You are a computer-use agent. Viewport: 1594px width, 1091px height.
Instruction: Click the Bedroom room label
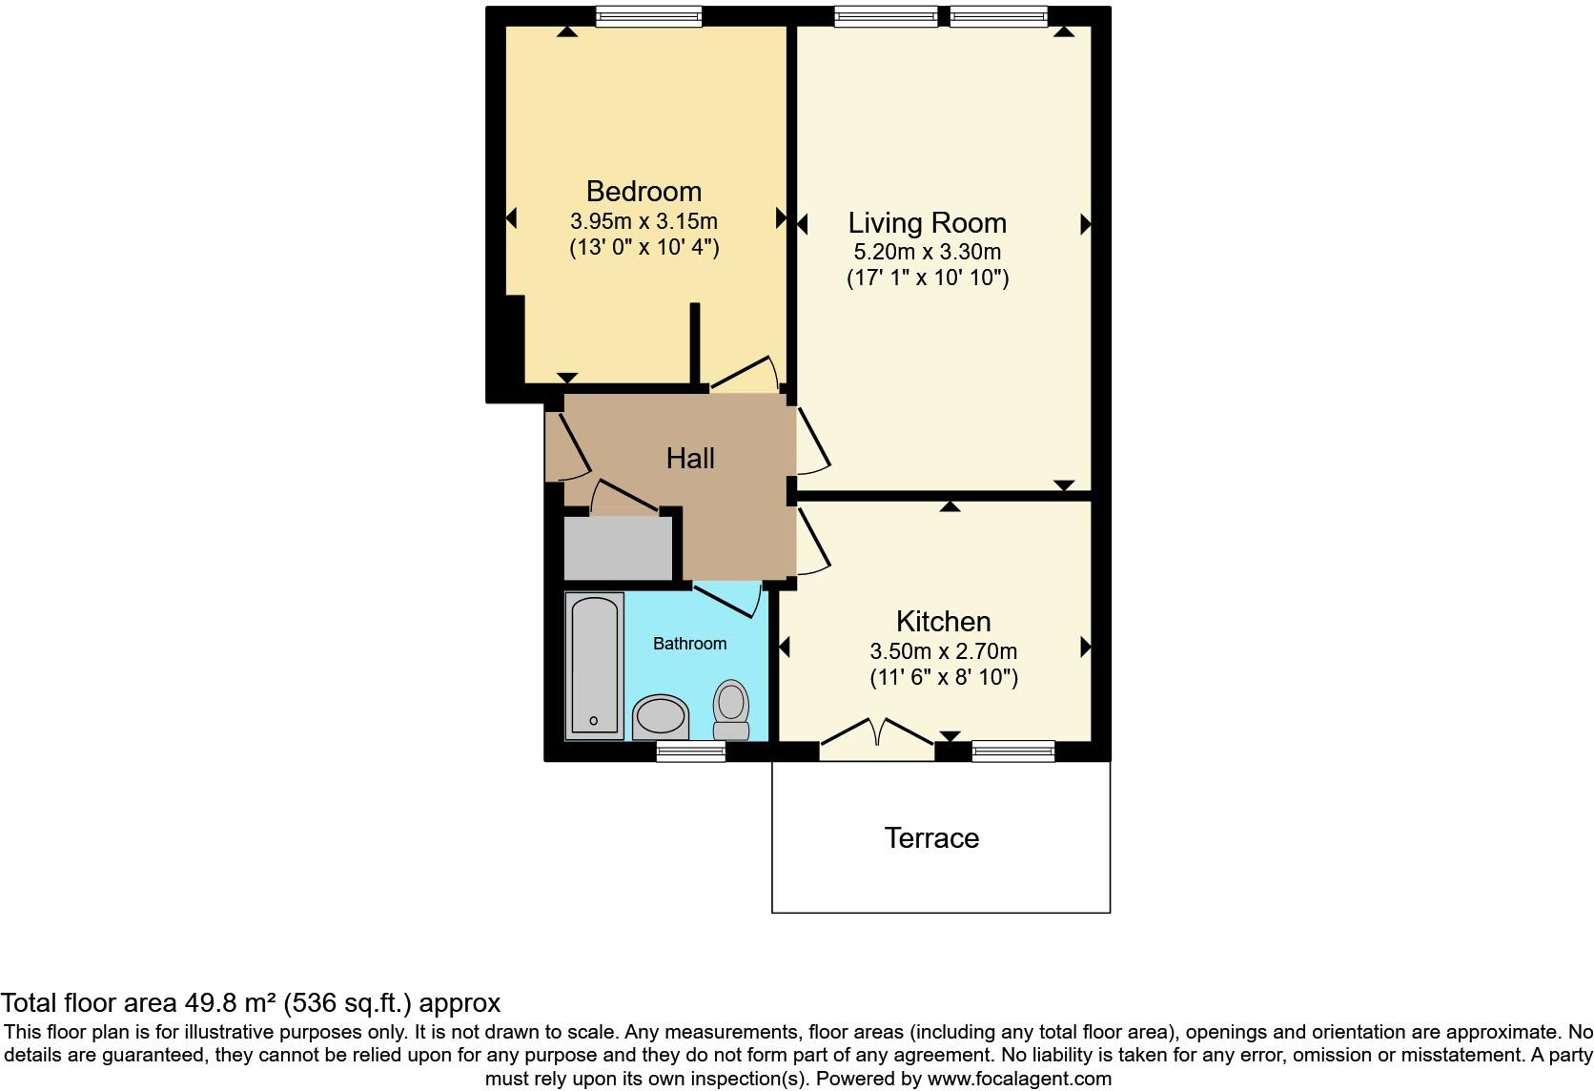point(644,192)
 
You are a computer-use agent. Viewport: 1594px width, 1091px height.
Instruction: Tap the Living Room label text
point(927,223)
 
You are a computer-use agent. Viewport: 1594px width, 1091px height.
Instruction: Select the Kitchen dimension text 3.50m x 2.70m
point(943,652)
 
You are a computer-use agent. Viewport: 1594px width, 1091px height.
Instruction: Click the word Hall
point(690,459)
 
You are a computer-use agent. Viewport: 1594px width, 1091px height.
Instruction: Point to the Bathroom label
point(689,644)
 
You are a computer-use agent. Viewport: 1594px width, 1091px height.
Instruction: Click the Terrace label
point(931,838)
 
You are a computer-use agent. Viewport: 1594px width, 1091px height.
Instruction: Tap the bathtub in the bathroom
point(594,666)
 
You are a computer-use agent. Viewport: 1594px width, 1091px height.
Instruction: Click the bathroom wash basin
point(661,717)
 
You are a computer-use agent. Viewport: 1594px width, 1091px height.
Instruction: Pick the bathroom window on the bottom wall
point(690,751)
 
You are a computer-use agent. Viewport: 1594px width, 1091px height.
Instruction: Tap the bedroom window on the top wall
point(648,16)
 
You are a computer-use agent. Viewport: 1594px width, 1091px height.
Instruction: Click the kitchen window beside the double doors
point(1012,751)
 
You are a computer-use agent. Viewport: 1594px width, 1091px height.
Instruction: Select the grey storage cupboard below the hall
point(619,547)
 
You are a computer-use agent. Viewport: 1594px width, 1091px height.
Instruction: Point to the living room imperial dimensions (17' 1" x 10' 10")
point(927,278)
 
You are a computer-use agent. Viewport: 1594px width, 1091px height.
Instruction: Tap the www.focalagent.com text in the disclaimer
point(1018,1080)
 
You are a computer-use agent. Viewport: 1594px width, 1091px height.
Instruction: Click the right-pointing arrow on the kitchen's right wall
point(1085,648)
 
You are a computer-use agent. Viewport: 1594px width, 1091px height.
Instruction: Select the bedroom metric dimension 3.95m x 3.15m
point(644,221)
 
